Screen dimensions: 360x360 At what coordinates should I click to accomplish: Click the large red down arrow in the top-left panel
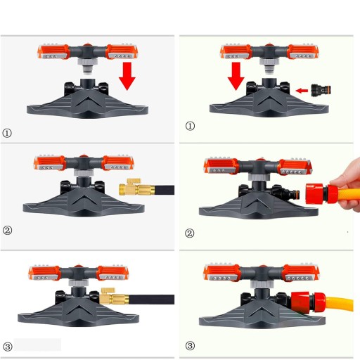(x=127, y=76)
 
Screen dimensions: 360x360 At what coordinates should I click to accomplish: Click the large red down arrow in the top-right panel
(x=236, y=76)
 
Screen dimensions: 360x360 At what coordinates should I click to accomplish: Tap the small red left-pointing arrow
(x=302, y=91)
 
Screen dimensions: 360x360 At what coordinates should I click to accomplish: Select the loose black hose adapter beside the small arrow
(x=321, y=90)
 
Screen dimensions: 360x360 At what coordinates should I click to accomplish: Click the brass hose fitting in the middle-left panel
(x=136, y=188)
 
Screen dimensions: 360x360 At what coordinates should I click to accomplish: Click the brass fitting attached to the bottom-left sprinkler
(x=115, y=297)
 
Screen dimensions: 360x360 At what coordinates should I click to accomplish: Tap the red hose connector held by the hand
(x=321, y=194)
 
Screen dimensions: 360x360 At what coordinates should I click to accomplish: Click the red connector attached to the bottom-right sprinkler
(x=308, y=302)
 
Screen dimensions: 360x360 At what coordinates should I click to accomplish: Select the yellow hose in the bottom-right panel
(x=340, y=304)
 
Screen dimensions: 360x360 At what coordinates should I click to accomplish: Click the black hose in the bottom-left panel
(x=151, y=300)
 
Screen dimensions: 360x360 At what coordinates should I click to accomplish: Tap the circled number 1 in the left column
(x=7, y=133)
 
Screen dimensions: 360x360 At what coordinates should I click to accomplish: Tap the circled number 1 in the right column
(x=190, y=126)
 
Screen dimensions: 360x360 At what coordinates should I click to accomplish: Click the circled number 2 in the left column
(x=7, y=230)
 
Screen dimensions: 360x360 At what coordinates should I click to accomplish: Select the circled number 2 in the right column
(x=190, y=233)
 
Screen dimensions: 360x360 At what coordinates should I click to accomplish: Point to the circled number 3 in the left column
(x=8, y=347)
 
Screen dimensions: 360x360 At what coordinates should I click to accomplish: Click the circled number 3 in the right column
(x=190, y=345)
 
